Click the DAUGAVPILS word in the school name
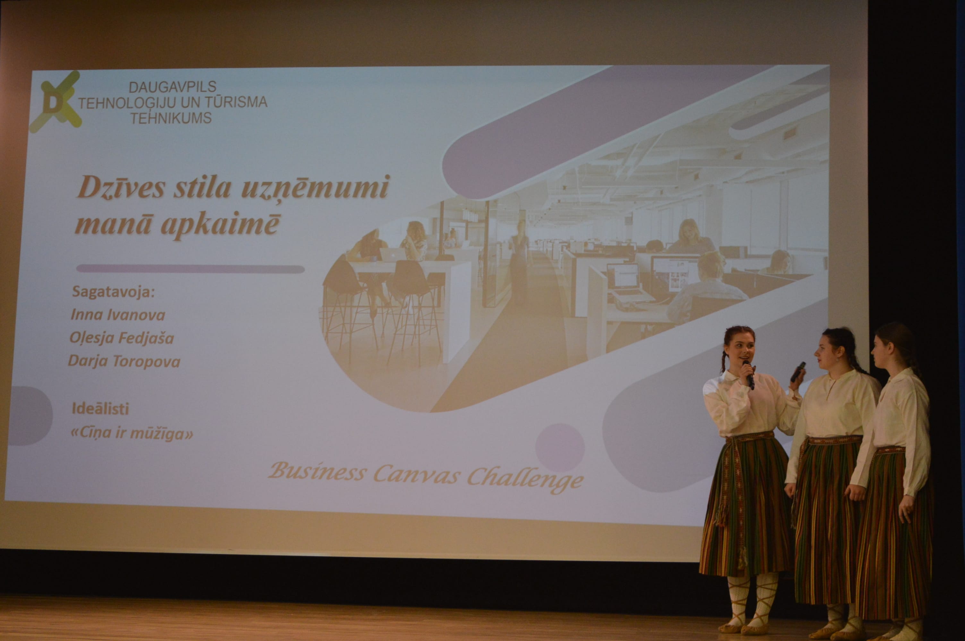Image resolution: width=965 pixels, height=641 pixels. click(x=172, y=87)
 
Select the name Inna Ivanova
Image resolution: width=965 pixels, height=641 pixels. click(x=118, y=315)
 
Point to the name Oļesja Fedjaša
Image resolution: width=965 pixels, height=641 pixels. click(x=122, y=338)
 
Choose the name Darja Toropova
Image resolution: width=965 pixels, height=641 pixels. click(x=124, y=362)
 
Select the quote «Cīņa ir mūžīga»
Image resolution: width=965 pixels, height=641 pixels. click(x=132, y=433)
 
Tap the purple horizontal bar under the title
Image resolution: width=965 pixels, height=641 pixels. click(x=191, y=269)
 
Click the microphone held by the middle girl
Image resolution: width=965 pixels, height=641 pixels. click(x=798, y=371)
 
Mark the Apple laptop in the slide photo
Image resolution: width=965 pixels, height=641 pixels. click(x=393, y=254)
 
